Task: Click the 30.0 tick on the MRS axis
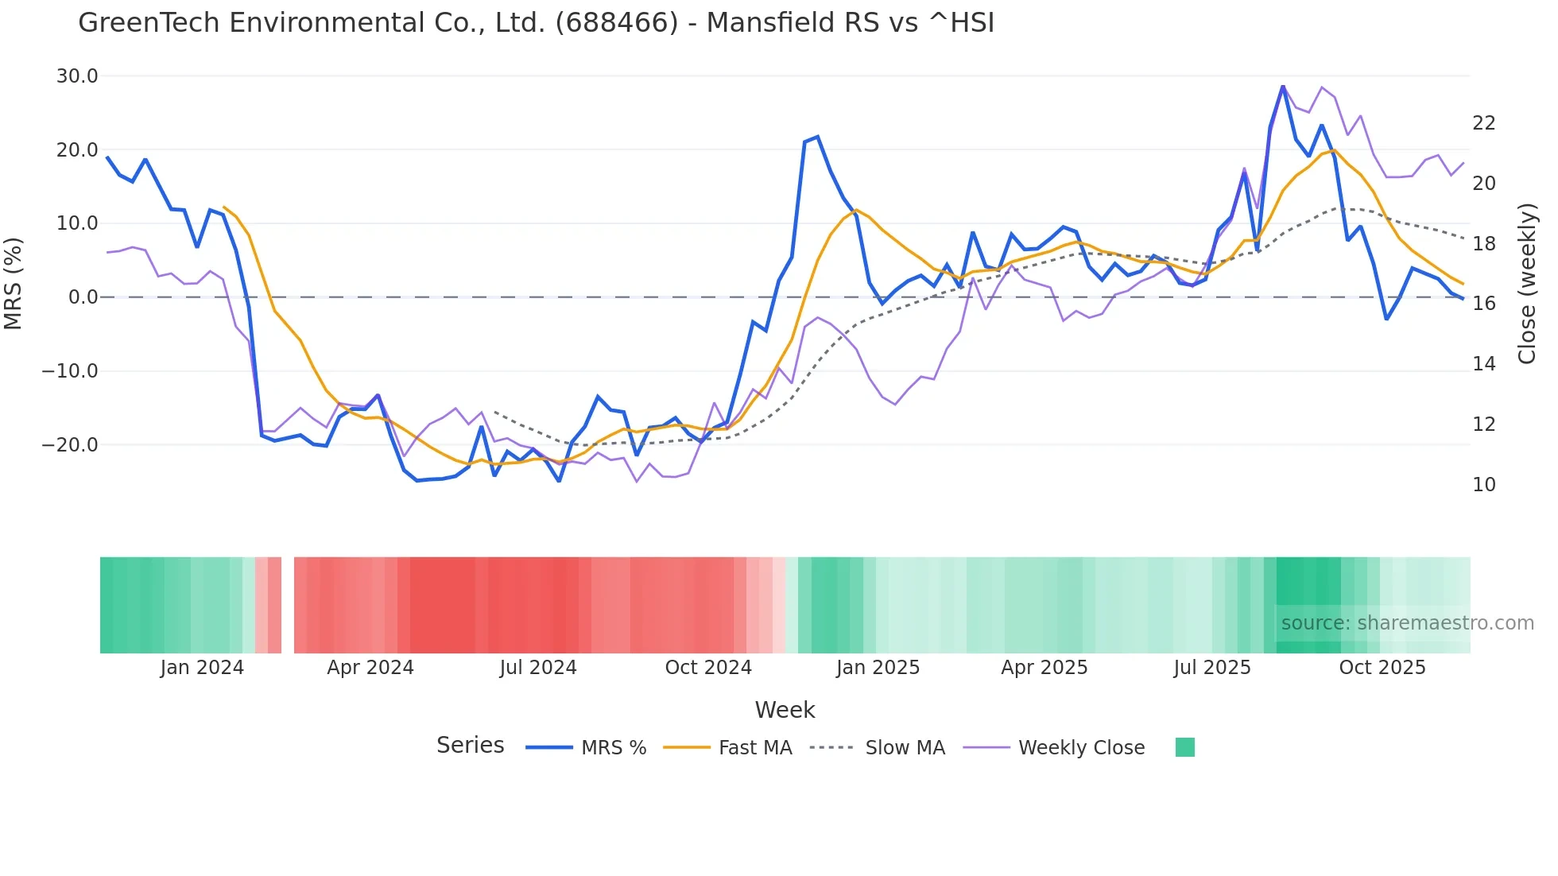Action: [76, 76]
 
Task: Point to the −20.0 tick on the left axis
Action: [70, 445]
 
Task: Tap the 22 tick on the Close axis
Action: [1483, 123]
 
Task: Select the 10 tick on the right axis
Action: [1483, 485]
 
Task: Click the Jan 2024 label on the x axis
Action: [202, 668]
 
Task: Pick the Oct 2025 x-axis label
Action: [1382, 668]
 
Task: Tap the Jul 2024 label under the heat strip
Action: [538, 668]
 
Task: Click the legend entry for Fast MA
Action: [754, 748]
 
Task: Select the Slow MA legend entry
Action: [905, 748]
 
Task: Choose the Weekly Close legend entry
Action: [1081, 748]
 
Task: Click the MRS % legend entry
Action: [613, 748]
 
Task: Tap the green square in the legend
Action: [1184, 747]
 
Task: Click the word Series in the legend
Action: [470, 746]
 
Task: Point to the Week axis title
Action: [785, 710]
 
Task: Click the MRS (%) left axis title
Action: [14, 283]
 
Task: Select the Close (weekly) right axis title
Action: [1527, 283]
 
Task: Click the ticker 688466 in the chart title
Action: [616, 23]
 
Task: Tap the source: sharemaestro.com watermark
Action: [1407, 623]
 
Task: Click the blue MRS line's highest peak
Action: [1282, 86]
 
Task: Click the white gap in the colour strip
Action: [288, 605]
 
